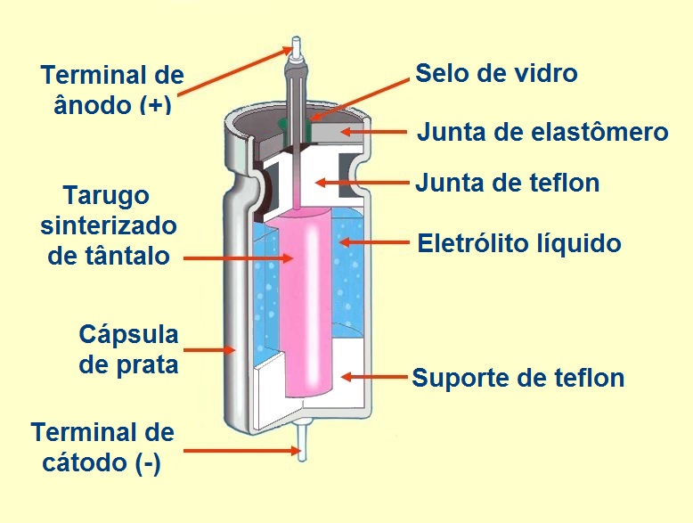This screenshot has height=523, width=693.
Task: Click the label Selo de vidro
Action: coord(496,73)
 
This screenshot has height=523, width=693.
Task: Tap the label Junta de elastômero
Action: coord(542,132)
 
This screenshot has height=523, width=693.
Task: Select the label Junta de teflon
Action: coord(508,183)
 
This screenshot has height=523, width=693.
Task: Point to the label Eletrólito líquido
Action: coord(519,243)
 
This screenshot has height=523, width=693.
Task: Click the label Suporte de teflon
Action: coord(518,378)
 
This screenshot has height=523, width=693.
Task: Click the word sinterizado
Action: coord(109,225)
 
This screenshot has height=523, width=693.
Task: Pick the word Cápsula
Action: coord(128,336)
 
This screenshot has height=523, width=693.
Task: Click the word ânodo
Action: coord(94,104)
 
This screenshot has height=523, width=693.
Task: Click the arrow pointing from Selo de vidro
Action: coord(359,100)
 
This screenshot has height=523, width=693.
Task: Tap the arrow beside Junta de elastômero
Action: coord(374,131)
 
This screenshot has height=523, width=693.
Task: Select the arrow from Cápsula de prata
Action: coord(208,350)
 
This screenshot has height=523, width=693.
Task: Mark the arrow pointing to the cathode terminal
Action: coord(242,451)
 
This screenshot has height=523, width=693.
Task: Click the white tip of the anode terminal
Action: coord(296,46)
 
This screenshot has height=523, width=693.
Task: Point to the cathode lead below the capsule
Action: coord(302,442)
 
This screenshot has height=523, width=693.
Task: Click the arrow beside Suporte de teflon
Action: coord(374,377)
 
